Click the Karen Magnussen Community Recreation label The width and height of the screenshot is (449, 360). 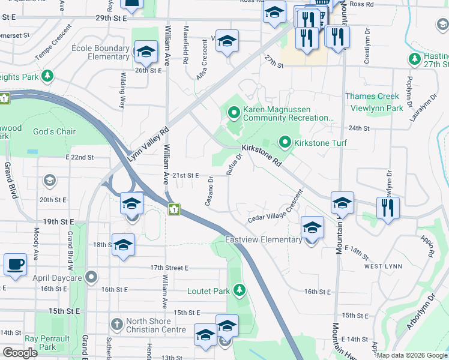[x=288, y=114]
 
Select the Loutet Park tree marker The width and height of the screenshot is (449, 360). [x=240, y=291]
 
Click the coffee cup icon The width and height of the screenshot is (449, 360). [x=15, y=264]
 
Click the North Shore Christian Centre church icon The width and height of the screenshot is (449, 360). [x=117, y=325]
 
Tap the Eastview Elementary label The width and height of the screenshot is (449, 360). [x=264, y=239]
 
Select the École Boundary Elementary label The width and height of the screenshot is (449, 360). [x=100, y=52]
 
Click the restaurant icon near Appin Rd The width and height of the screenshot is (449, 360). [x=388, y=208]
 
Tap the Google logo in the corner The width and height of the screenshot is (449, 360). [x=20, y=353]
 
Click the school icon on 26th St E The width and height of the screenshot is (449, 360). [x=145, y=53]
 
